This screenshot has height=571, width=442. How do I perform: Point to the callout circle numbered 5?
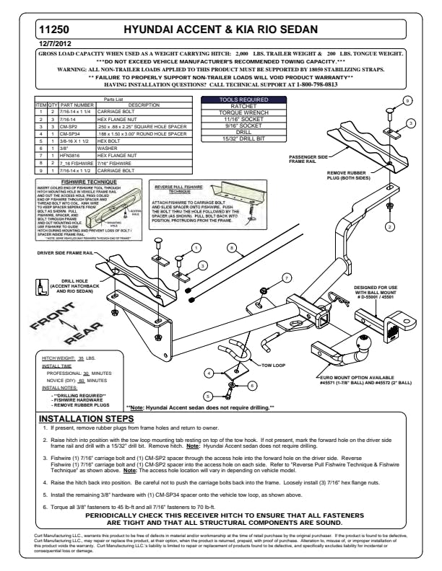[x=207, y=395]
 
